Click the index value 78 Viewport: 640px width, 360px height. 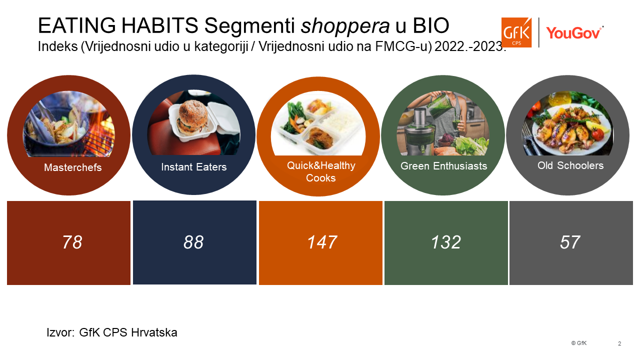click(72, 242)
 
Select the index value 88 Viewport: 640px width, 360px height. click(193, 242)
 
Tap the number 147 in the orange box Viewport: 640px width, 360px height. click(322, 242)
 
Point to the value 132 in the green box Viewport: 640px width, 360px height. click(445, 242)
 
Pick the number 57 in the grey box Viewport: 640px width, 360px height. click(570, 242)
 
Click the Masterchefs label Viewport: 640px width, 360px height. click(73, 167)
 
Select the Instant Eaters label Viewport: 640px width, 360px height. click(193, 167)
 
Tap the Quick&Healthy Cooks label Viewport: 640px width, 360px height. click(321, 171)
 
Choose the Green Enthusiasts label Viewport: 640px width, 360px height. click(443, 166)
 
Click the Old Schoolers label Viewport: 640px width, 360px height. click(570, 165)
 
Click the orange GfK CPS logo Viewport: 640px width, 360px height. click(516, 32)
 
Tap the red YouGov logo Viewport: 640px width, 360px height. click(574, 32)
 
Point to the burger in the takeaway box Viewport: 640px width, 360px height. click(192, 117)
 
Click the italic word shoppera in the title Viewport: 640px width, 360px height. click(345, 25)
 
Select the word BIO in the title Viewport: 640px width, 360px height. click(431, 25)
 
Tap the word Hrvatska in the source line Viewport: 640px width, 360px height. click(154, 332)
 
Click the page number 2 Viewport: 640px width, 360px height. click(619, 343)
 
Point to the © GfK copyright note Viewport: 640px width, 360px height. click(579, 343)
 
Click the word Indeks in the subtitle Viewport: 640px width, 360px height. click(57, 46)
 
